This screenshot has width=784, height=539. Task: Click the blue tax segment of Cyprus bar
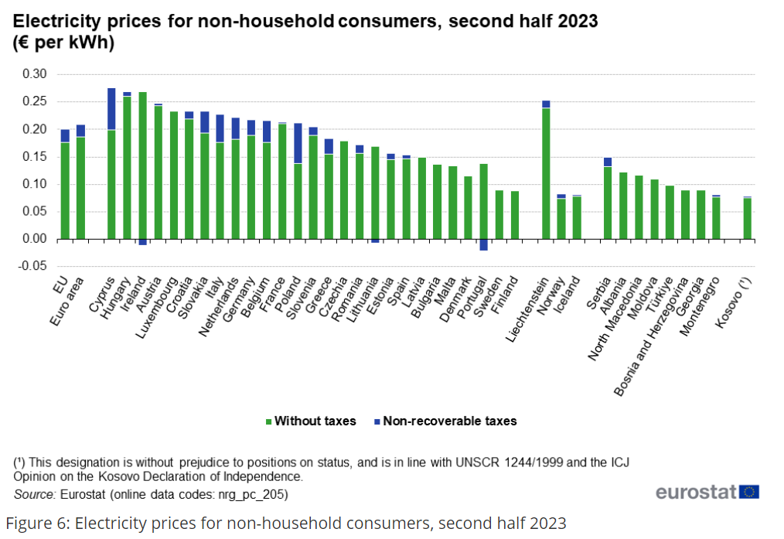(x=111, y=109)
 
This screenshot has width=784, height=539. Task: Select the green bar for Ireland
(x=142, y=165)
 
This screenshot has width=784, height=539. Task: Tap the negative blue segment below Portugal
(x=484, y=244)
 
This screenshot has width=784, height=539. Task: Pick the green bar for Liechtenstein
(x=546, y=173)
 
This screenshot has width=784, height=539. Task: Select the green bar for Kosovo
(x=747, y=219)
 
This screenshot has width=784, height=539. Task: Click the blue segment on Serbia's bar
(x=608, y=162)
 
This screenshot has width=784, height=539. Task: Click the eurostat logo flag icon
(x=748, y=493)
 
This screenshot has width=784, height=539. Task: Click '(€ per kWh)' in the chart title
(x=63, y=43)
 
